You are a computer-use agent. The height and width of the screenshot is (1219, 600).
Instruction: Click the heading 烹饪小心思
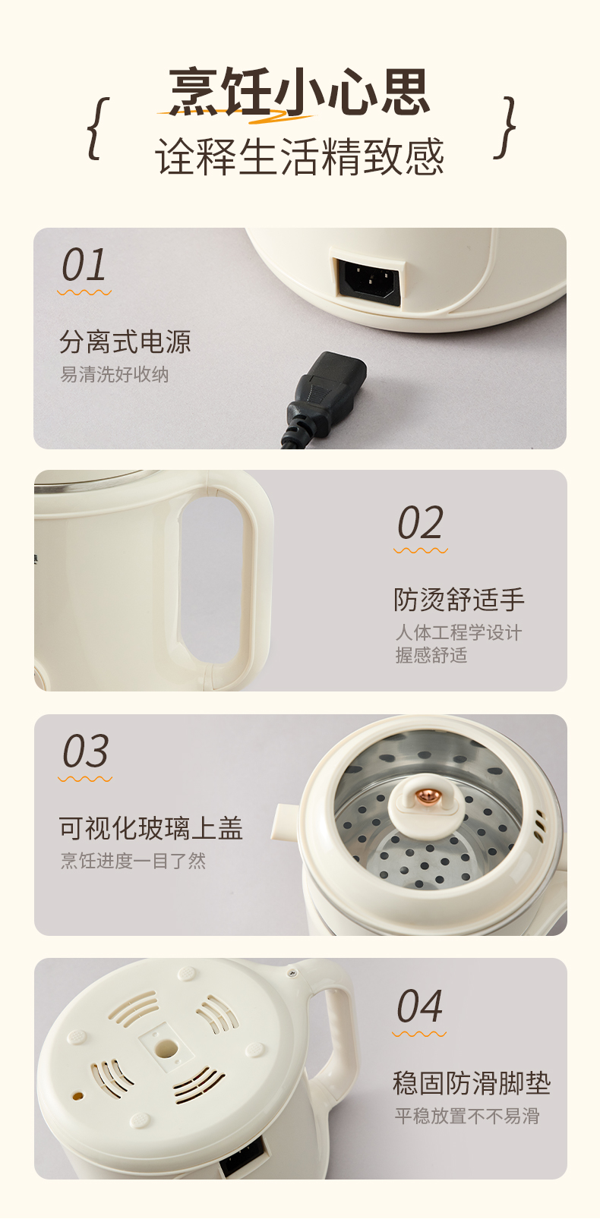(299, 91)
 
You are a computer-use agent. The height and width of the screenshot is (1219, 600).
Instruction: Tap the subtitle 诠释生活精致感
(299, 156)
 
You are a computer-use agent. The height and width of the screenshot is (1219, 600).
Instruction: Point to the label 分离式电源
(125, 342)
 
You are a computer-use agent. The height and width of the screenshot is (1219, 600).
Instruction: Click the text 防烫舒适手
(459, 600)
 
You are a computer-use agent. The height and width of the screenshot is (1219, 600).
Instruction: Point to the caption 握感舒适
(431, 655)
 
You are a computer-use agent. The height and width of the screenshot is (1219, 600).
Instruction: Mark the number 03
(86, 751)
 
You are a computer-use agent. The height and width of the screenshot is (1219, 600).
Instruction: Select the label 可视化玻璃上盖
(151, 828)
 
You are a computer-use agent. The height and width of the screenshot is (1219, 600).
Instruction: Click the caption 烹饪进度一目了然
(134, 861)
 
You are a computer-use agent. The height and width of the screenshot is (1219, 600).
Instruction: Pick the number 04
(419, 1006)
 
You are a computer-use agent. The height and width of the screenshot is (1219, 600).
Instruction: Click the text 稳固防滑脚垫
(472, 1083)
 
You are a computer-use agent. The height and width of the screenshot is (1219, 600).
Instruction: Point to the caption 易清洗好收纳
(115, 374)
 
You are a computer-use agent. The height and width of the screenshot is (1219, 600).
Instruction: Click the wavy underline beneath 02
(421, 550)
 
